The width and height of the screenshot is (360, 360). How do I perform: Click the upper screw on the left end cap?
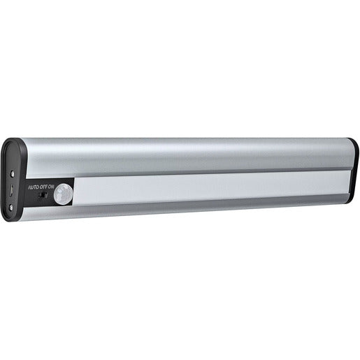(12, 172)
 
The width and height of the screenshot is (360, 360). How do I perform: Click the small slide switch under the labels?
(43, 197)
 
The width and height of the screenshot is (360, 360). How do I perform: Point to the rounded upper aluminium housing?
(189, 154)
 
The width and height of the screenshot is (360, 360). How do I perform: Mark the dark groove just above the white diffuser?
(210, 173)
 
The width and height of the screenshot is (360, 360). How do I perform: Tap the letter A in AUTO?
(29, 187)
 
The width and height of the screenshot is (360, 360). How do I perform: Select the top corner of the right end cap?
(354, 141)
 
